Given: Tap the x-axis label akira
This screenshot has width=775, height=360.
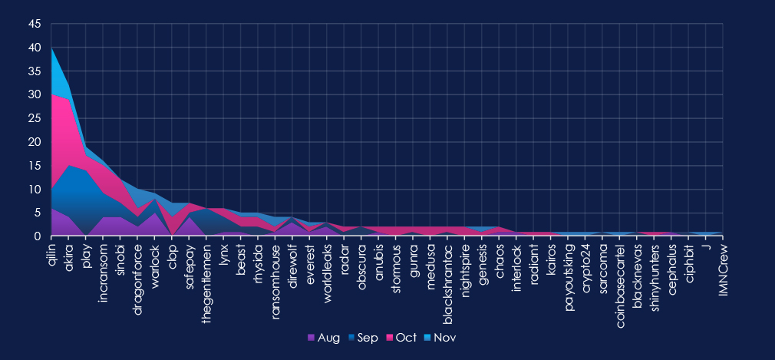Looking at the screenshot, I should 69,253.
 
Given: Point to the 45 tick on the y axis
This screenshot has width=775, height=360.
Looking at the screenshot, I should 35,24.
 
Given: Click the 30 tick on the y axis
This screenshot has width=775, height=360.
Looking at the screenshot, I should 35,94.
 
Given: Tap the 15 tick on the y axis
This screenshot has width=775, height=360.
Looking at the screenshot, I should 35,165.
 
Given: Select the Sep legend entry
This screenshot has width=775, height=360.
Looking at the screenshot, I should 362,337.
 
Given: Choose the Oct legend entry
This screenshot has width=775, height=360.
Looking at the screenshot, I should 401,337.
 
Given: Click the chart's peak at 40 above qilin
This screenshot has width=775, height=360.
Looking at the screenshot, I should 52,48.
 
